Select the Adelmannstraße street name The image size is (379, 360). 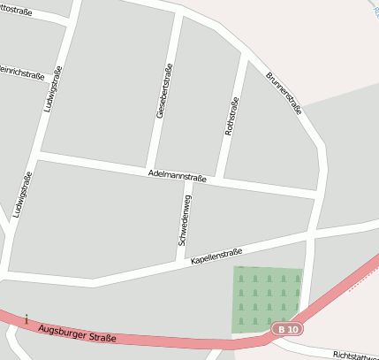coord(178,177)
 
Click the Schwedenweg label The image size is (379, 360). coord(184,220)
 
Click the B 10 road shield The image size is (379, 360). coord(287,329)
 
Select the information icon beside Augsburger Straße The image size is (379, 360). coord(27,318)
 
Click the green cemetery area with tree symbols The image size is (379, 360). coord(267,299)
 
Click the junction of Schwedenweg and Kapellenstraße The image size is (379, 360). coord(182,262)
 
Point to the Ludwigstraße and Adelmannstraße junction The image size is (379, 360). coord(37,155)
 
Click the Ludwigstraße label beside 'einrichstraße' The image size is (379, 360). coord(51,88)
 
